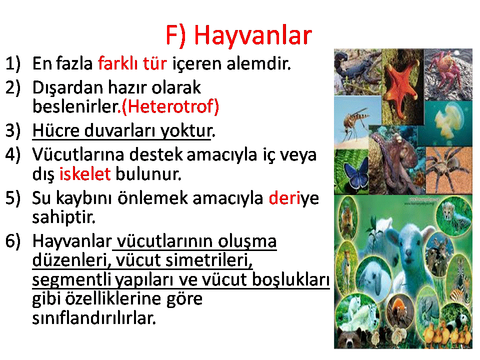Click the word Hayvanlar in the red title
point(253,35)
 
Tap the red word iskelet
point(85,174)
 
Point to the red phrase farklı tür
point(132,63)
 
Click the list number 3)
point(13,130)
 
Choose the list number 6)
point(13,241)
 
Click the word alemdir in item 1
point(258,63)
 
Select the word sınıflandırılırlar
point(94,318)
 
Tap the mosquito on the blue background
point(355,121)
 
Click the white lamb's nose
point(408,253)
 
